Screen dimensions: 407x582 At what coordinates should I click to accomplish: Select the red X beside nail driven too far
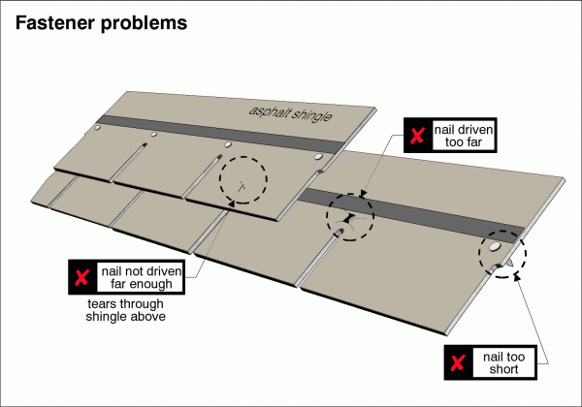coord(416,137)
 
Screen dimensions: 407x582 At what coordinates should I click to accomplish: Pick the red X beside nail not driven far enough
coord(80,278)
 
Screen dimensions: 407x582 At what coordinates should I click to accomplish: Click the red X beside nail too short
coord(456,362)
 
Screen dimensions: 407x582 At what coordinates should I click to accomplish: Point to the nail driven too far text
coord(464,137)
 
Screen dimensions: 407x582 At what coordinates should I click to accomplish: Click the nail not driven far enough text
coord(137,278)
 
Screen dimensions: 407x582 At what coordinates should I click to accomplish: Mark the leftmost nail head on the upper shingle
coord(97,128)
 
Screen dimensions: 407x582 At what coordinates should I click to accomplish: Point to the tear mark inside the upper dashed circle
coord(245,184)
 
